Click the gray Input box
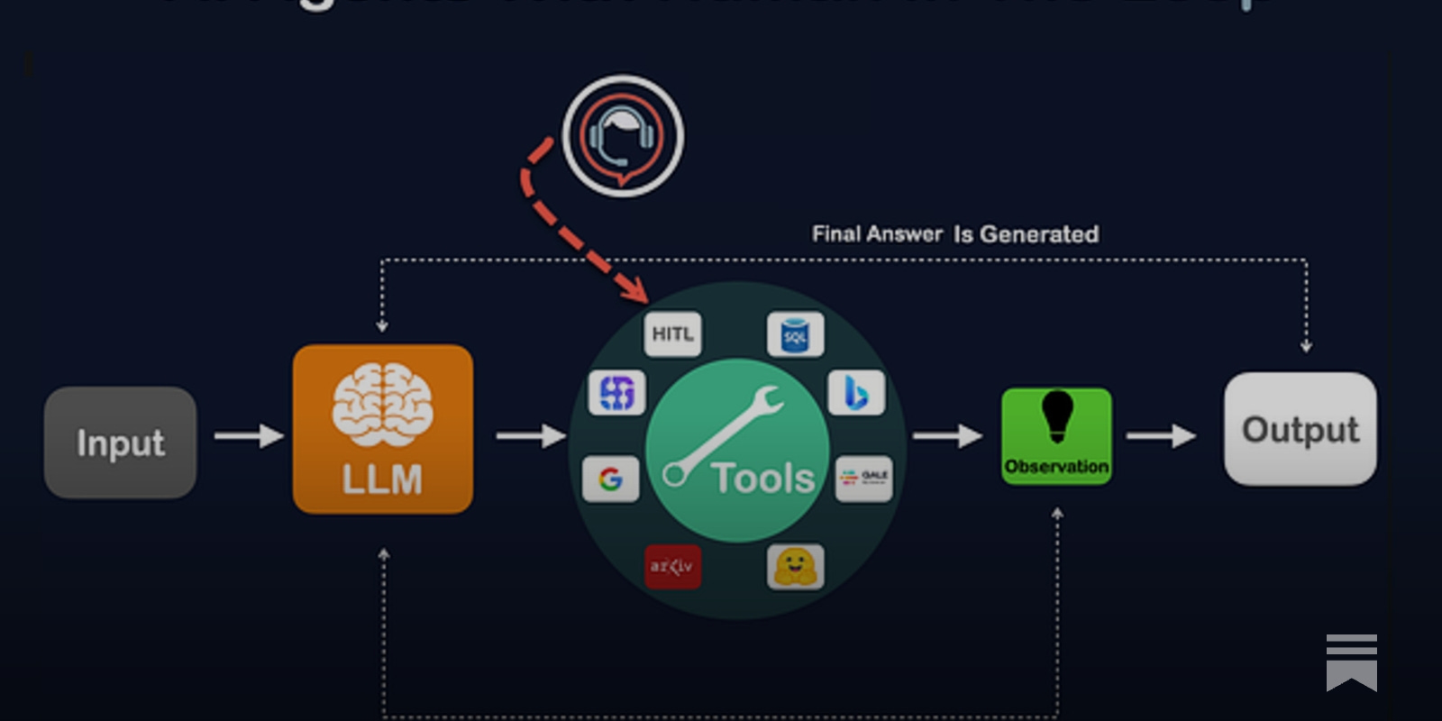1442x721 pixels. (120, 443)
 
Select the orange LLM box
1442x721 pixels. (382, 429)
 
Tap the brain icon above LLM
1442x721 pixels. (382, 405)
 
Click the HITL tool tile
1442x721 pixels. (672, 334)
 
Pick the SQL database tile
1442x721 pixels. (795, 335)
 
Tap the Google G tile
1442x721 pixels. (611, 479)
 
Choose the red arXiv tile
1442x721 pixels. (672, 567)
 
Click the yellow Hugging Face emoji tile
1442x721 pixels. (795, 567)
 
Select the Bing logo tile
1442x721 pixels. (856, 393)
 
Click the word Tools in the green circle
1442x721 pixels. (762, 478)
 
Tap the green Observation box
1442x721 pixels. (1056, 436)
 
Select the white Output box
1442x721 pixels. (1300, 429)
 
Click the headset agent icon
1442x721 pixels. (622, 136)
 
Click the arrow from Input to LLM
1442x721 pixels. (249, 436)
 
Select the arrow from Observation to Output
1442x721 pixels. (1161, 436)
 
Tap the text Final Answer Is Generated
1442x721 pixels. (954, 234)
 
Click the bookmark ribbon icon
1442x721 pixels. (1351, 662)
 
